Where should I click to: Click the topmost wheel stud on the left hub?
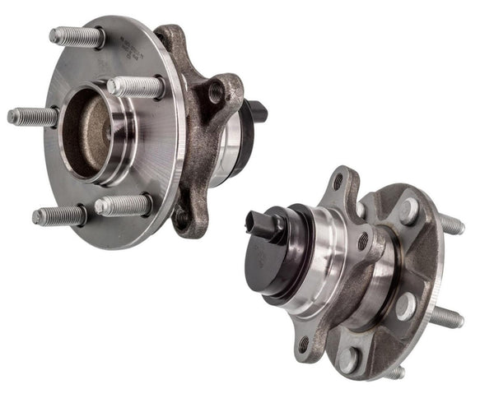(x=77, y=37)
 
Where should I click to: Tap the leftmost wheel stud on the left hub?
(x=33, y=116)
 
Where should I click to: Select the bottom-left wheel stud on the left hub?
(x=58, y=215)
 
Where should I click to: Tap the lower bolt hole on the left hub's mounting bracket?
(x=180, y=217)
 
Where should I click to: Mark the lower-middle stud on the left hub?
(x=123, y=205)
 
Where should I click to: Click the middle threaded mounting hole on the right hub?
(x=362, y=241)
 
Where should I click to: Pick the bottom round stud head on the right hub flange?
(x=349, y=359)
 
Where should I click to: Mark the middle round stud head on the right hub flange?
(x=404, y=307)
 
